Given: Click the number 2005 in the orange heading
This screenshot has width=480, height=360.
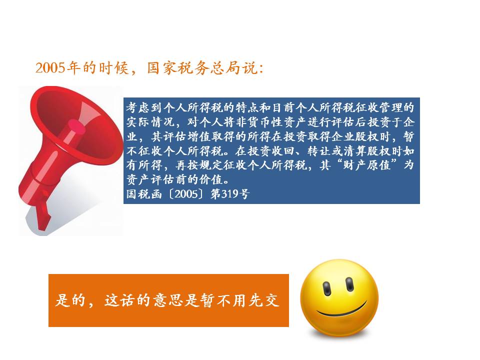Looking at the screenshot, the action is point(50,67).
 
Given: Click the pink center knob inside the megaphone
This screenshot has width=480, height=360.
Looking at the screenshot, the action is point(76,126).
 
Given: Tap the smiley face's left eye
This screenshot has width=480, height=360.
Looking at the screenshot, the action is point(326,288).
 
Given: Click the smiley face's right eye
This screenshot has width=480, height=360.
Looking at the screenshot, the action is point(349,284).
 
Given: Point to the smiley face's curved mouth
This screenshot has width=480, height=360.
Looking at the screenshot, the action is point(342,310).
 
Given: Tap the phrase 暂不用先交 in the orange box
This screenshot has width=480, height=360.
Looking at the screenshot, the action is point(239,300).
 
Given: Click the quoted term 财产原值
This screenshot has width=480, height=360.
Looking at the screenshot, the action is point(366,165).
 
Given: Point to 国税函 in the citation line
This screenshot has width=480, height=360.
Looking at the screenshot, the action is point(144,194).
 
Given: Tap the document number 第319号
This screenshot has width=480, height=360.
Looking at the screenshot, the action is point(230,194).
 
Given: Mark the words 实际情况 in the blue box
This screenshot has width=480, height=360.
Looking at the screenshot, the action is point(150,122).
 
